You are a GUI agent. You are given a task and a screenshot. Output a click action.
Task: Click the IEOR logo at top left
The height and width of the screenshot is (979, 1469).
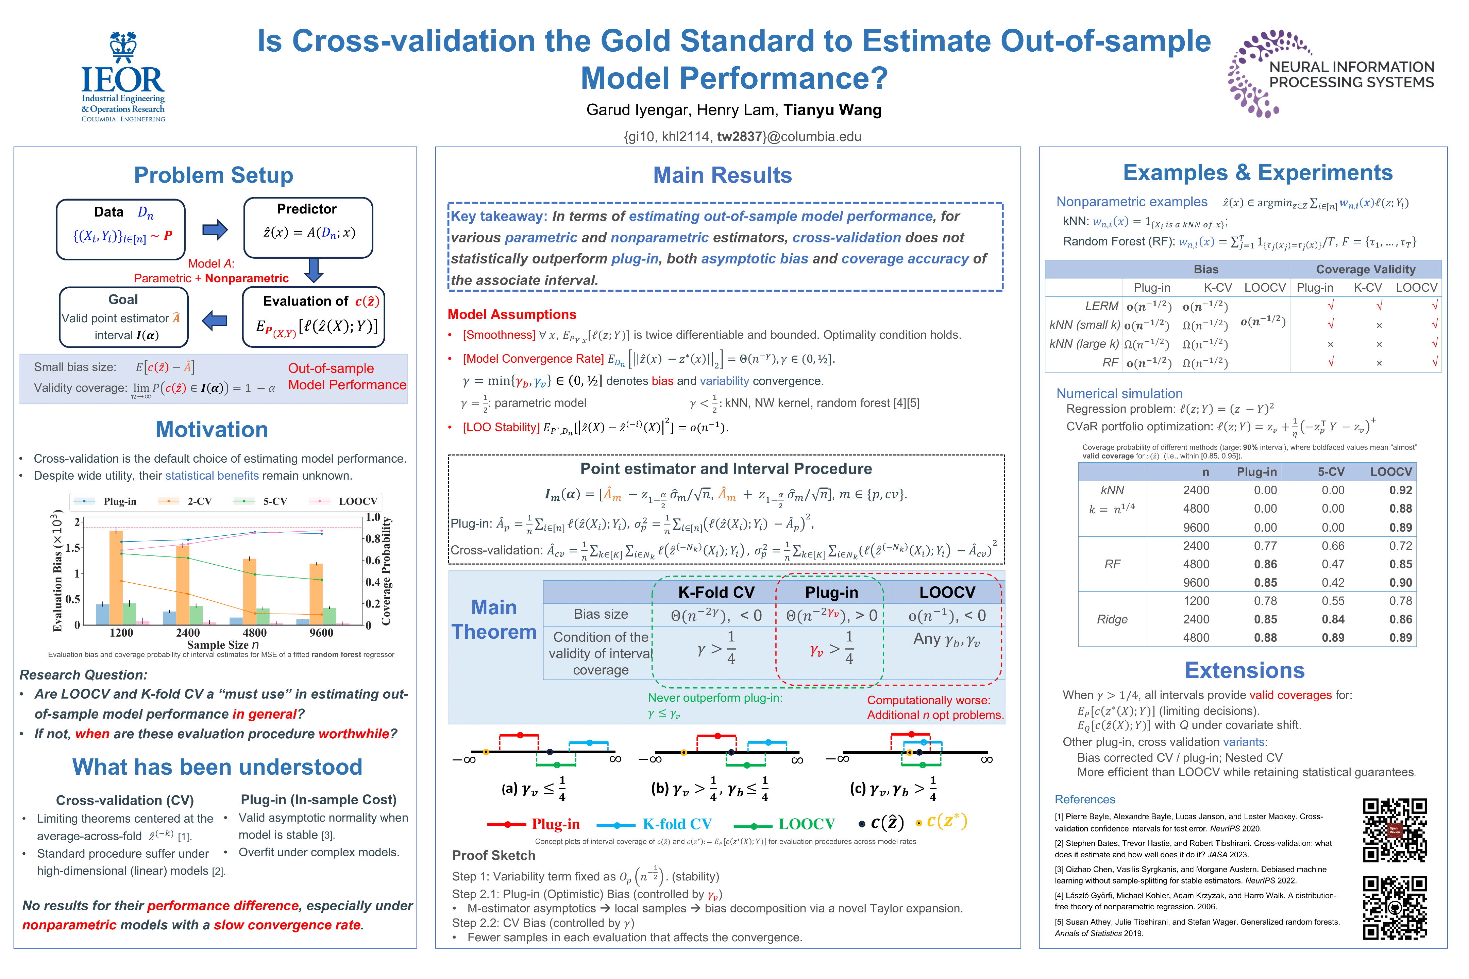(x=123, y=76)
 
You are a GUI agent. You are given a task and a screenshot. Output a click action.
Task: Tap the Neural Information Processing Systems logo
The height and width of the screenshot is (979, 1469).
(x=1330, y=74)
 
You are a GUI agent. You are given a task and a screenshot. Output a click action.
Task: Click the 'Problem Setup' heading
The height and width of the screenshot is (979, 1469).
(x=214, y=175)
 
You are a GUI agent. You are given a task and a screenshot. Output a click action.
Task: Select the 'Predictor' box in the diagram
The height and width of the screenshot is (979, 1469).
(x=308, y=227)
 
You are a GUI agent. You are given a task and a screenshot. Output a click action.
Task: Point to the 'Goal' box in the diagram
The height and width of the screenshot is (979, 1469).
(x=124, y=316)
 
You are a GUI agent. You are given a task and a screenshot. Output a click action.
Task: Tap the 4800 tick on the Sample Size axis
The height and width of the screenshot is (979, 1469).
(x=254, y=633)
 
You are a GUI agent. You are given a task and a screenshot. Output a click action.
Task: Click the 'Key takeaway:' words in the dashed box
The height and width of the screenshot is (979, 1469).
(x=499, y=216)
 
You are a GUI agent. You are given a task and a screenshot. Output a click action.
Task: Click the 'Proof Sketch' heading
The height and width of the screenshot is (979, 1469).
(x=493, y=855)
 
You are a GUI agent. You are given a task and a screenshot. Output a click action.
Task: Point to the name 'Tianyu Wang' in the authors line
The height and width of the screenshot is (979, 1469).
(x=832, y=110)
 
